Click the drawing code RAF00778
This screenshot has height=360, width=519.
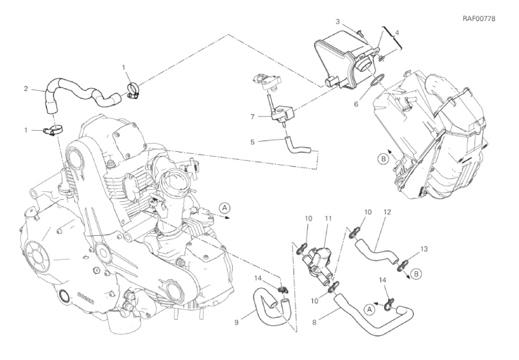478,19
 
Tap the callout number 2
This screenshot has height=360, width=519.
26,89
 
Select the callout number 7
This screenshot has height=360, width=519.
252,117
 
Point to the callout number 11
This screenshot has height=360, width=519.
328,219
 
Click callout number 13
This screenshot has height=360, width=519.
424,249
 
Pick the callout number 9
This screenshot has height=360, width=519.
236,322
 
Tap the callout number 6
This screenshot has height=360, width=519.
356,104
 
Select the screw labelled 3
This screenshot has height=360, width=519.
360,33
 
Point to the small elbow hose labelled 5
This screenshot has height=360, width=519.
296,147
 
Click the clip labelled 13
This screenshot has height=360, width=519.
404,265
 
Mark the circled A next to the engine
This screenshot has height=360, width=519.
225,207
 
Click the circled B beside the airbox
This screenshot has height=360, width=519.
383,159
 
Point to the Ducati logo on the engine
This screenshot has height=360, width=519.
85,298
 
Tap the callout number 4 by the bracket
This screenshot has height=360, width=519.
397,33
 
